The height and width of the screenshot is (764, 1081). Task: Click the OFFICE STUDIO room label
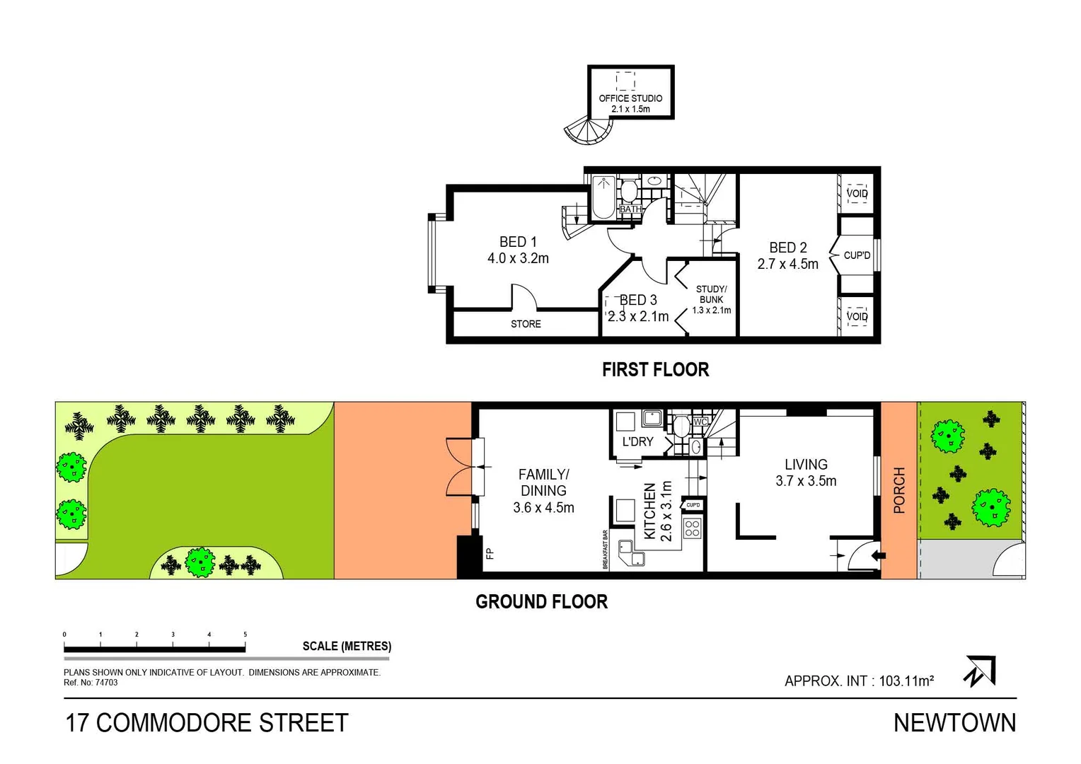coord(630,98)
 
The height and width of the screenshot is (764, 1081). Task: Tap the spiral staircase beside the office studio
coord(589,131)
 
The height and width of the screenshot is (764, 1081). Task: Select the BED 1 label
coord(518,242)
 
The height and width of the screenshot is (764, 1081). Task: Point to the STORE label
coord(526,324)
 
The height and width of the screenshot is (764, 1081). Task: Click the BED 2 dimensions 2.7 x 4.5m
coord(787,265)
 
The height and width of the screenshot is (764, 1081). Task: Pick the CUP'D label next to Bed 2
coord(857,255)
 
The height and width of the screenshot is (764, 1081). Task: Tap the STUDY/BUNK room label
coord(711,294)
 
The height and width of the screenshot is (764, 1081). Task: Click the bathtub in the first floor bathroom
coord(603,197)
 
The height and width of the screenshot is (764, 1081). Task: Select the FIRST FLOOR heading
coord(655,370)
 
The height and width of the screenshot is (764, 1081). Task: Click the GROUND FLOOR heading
coord(541,602)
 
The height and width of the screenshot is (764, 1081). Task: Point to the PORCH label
coord(899,490)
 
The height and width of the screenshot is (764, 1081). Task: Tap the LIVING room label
coord(806,465)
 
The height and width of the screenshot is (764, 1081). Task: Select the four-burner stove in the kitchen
coord(692,528)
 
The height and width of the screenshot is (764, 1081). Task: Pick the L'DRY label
coord(637,442)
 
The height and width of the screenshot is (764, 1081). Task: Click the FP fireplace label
coord(489,553)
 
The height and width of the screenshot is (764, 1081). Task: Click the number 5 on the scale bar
coord(245,635)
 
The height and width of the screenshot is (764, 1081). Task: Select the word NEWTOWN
coord(954,723)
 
